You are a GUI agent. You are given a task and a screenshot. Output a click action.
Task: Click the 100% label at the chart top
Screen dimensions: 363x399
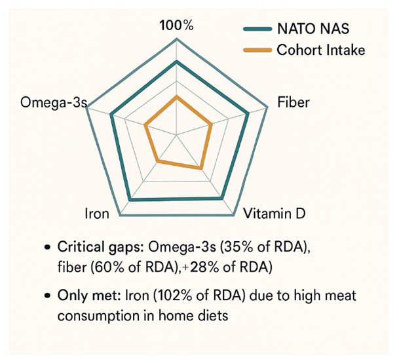[178, 26]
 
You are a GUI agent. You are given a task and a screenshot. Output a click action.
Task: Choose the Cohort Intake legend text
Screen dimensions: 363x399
[320, 50]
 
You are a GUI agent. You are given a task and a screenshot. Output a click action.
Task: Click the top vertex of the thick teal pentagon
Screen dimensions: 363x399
[177, 61]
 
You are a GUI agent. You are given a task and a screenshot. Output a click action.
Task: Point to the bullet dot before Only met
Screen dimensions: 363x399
[47, 296]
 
